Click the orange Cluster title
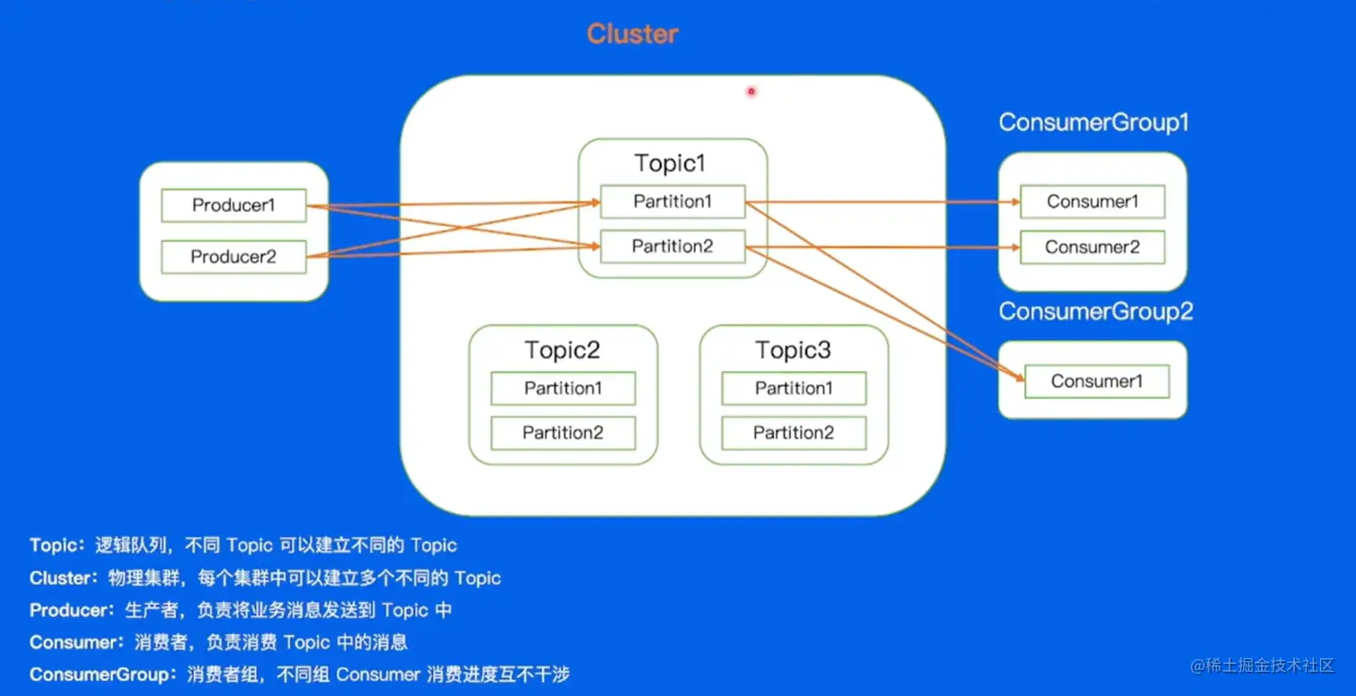click(x=632, y=34)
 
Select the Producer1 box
click(x=233, y=205)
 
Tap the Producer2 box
click(x=233, y=257)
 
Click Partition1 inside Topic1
click(x=673, y=202)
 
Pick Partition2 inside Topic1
click(x=673, y=247)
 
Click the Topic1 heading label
click(x=671, y=163)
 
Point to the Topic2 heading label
click(x=562, y=351)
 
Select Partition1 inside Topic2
click(x=563, y=388)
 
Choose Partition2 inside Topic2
click(x=563, y=433)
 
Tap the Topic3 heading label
click(x=793, y=351)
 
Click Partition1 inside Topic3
click(x=794, y=388)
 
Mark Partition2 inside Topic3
click(x=794, y=433)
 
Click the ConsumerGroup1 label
click(x=1093, y=123)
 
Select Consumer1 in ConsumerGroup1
click(x=1092, y=202)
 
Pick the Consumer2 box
click(x=1092, y=248)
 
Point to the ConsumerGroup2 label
click(x=1095, y=312)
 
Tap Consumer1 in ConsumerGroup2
click(x=1097, y=381)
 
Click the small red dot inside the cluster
click(x=751, y=91)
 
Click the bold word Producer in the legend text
click(x=68, y=611)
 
